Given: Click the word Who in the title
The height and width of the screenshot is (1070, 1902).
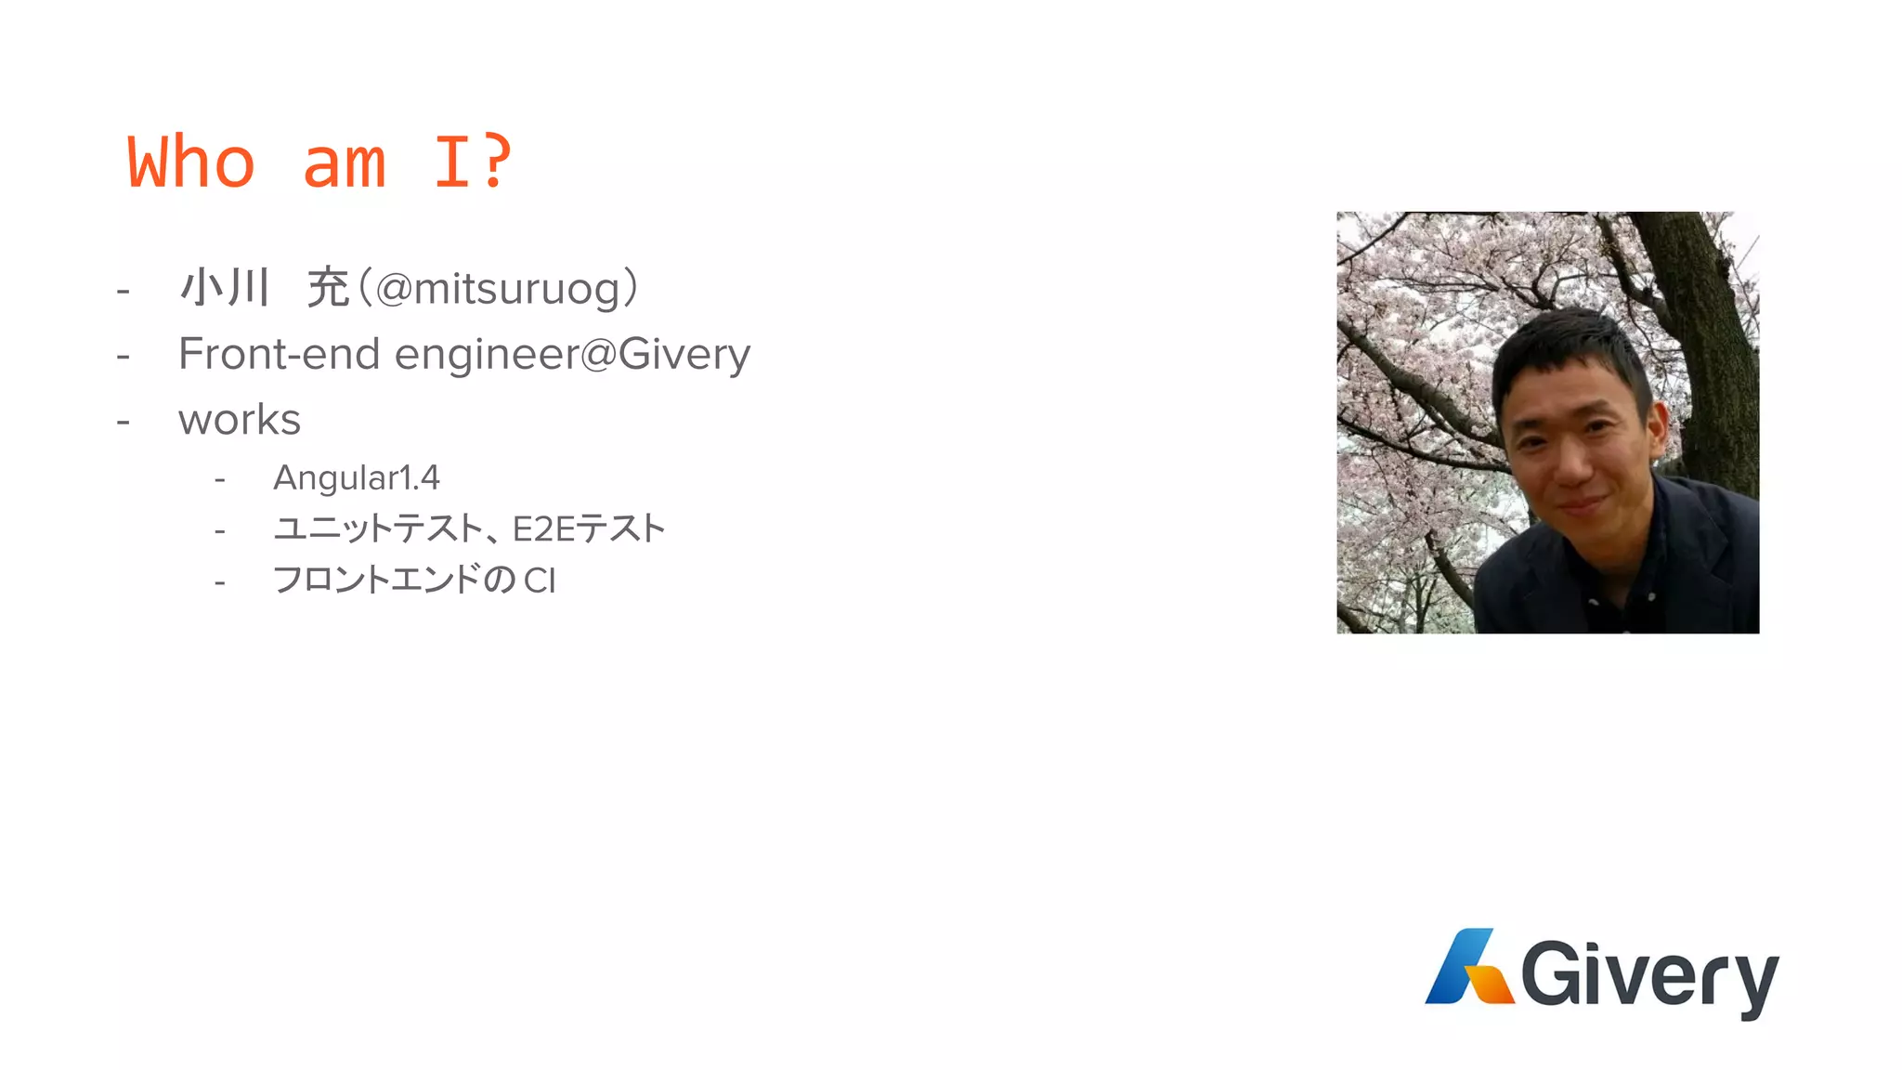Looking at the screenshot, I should (190, 163).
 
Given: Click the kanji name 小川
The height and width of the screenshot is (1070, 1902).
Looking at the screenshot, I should (225, 287).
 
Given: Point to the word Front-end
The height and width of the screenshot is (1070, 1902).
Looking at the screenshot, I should (280, 354).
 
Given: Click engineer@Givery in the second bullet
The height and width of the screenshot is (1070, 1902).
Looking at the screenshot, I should (572, 355).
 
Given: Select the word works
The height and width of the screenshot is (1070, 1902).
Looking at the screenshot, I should (240, 420).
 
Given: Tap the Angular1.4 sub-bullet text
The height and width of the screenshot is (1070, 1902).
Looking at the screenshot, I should (357, 478).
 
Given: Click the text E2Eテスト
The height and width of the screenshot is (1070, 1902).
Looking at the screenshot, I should (589, 529).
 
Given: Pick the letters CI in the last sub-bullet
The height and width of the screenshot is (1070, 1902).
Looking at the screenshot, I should (540, 581).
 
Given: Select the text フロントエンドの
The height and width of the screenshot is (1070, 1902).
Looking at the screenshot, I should (395, 581).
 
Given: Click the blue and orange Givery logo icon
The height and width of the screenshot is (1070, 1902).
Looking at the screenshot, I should (1468, 968).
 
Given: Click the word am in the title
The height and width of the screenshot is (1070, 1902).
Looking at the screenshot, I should (345, 163).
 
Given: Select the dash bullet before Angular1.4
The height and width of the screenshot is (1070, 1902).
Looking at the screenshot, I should (220, 480).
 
